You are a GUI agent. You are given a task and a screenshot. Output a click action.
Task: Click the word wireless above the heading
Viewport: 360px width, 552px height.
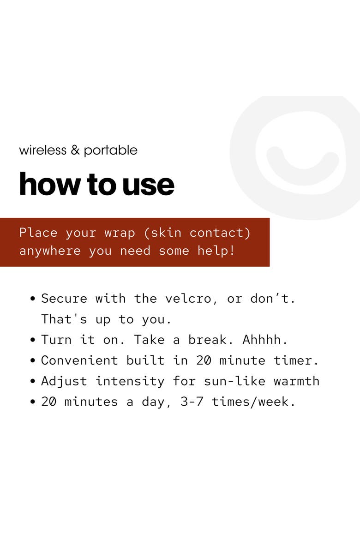pyautogui.click(x=42, y=150)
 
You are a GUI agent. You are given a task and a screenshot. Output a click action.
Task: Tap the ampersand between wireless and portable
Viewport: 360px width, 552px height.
pyautogui.click(x=75, y=150)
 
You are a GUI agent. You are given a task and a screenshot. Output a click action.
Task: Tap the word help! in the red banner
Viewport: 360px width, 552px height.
pyautogui.click(x=216, y=251)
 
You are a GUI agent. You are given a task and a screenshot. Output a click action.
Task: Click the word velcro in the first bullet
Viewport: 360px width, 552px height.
pyautogui.click(x=188, y=299)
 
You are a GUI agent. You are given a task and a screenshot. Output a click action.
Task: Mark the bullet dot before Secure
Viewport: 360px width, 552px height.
pyautogui.click(x=33, y=299)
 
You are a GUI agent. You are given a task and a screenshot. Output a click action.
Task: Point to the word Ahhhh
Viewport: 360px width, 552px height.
pyautogui.click(x=264, y=340)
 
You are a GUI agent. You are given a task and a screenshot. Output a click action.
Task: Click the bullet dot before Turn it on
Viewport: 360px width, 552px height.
pyautogui.click(x=33, y=340)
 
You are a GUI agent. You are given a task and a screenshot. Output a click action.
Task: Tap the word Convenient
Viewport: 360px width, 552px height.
pyautogui.click(x=79, y=360)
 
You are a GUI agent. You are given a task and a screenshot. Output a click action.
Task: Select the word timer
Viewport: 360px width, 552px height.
pyautogui.click(x=295, y=360)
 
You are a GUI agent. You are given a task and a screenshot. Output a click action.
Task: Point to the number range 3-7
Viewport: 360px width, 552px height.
pyautogui.click(x=192, y=402)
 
